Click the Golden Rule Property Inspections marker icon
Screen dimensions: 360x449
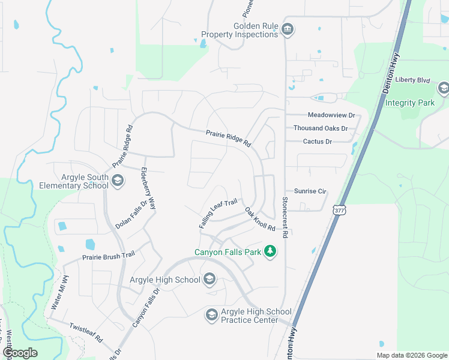coord(288,29)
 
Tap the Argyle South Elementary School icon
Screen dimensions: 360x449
coord(118,181)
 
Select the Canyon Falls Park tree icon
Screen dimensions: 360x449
coord(270,251)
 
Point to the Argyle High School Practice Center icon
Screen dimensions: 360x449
coord(211,314)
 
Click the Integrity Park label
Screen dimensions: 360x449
coord(410,103)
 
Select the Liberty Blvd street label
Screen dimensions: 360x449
coord(414,80)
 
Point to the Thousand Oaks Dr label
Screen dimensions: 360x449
coord(321,128)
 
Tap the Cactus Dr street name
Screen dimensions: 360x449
coord(318,142)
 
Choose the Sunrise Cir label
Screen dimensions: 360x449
coord(310,191)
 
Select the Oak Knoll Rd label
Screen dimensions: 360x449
coord(260,220)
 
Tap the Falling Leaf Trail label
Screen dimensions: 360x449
coord(218,213)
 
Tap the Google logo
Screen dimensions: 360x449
coord(20,353)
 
